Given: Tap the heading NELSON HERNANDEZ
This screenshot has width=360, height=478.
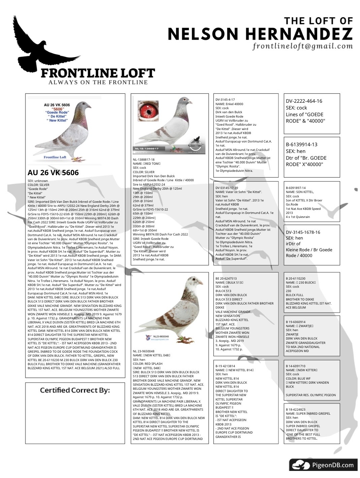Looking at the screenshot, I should coord(260,34).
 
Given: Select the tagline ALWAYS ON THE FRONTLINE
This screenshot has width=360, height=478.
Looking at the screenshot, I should coord(98,82).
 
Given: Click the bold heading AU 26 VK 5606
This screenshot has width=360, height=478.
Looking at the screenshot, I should coord(53,172).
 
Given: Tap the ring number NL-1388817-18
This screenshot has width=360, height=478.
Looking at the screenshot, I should coord(144,159).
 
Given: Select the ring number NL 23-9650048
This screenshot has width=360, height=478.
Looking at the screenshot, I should coord(144,351).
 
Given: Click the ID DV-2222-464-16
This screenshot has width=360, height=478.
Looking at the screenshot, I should coord(304,101).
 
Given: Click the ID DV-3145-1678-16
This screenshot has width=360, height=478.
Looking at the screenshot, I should coord(303,232).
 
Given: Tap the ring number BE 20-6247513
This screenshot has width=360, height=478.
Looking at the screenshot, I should coord(226,279).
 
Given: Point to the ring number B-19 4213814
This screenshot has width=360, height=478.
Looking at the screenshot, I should coord(225,366).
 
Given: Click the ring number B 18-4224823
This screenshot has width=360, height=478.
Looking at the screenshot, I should coord(296,409).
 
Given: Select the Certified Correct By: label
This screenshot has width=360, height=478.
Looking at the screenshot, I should coord(75,390).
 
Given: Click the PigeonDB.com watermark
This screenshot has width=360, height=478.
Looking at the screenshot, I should coord(323,465).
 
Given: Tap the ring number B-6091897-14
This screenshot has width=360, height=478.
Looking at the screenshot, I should coord(296,188).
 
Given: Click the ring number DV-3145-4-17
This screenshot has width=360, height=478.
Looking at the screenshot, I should coord(225,100).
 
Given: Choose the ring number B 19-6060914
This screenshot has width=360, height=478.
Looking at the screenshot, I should coord(296,322).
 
